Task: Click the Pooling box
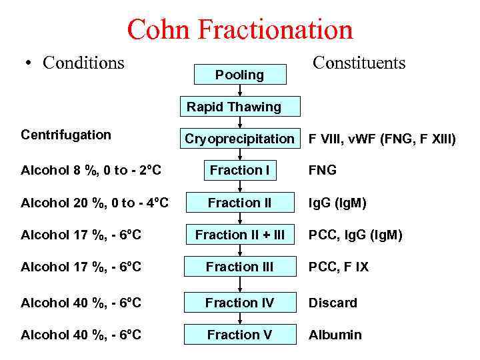coord(239,75)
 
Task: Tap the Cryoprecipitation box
coord(239,139)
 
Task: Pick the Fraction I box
coord(239,171)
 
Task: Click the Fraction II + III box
coord(239,235)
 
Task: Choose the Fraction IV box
coord(239,303)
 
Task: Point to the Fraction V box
coord(239,335)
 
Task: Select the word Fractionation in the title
coord(277,30)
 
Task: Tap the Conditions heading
coord(83,63)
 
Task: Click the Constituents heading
coord(359,63)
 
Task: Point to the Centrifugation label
coord(66,135)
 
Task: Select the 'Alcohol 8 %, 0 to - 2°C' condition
coord(91,170)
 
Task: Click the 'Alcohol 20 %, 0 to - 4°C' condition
coord(95,202)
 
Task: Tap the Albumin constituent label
coord(335,335)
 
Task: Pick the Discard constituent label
coord(333,303)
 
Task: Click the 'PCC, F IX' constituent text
coord(338,267)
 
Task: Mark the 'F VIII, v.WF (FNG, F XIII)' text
coord(382,139)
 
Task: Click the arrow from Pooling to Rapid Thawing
coord(239,91)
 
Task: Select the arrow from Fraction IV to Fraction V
coord(239,319)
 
